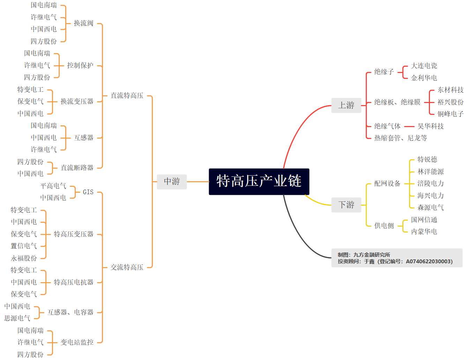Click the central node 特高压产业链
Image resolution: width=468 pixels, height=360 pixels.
259,182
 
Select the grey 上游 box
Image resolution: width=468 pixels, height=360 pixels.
346,105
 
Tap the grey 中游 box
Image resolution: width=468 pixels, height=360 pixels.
172,182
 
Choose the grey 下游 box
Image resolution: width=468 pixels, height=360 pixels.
346,205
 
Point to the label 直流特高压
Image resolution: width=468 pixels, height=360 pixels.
127,96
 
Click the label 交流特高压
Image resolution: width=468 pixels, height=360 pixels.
127,267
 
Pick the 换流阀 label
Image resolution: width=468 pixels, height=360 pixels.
83,23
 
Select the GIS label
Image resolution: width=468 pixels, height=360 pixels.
88,192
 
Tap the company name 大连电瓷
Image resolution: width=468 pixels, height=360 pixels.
424,66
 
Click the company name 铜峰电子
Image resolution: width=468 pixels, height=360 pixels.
451,114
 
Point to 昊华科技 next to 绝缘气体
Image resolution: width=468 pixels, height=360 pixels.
431,126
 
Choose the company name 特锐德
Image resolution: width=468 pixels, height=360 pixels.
427,160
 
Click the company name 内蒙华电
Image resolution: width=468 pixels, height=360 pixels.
424,232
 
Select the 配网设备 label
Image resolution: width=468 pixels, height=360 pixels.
387,184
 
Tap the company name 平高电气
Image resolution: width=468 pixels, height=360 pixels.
53,186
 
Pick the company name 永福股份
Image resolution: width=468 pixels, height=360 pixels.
24,258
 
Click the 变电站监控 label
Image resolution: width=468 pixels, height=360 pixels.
77,343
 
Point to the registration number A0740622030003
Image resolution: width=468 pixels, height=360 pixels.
429,262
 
